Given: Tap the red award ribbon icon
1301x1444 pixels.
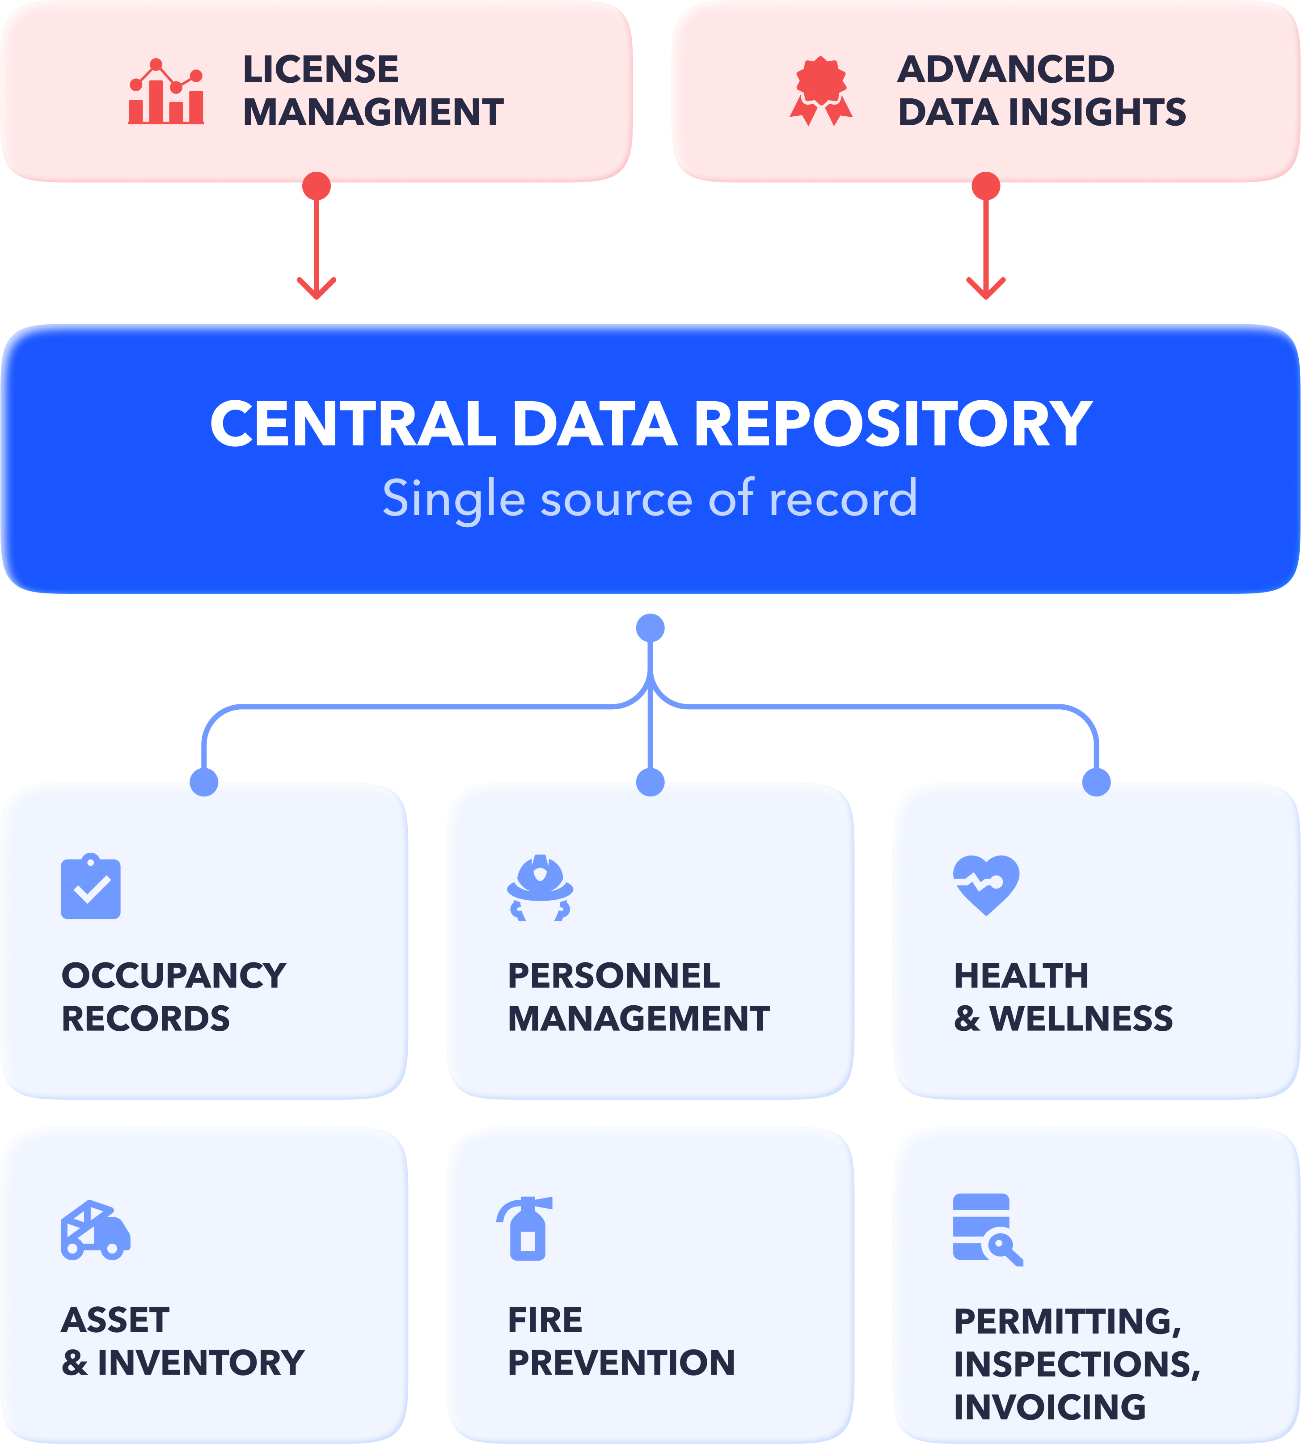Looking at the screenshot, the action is [821, 91].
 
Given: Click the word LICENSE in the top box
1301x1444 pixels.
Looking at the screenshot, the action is [321, 69].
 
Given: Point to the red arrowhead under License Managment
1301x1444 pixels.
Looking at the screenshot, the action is [317, 289].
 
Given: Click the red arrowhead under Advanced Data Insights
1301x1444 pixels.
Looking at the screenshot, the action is [986, 289].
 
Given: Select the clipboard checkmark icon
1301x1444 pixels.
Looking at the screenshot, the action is [91, 886].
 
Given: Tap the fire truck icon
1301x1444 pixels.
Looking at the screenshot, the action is [96, 1229].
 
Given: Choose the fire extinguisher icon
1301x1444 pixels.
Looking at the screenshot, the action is [525, 1228].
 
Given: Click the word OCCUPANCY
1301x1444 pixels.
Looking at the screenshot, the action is [174, 976].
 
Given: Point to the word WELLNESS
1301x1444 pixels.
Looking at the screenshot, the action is [1081, 1019].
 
